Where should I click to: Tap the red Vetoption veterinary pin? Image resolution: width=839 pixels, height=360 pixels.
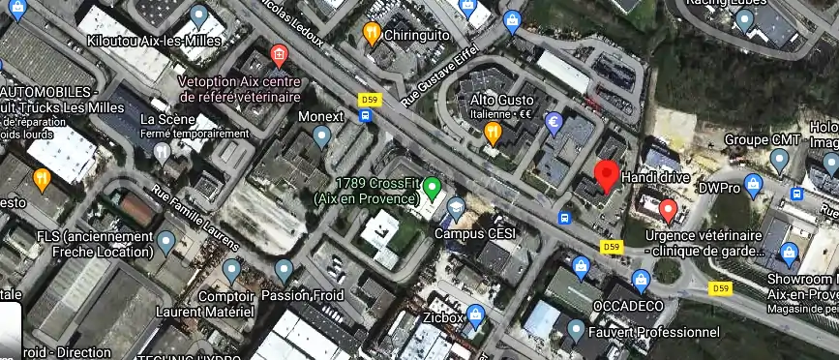[280, 53]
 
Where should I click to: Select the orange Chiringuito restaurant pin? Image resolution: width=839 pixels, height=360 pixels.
[372, 35]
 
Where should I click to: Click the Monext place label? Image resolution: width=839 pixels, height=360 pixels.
[322, 117]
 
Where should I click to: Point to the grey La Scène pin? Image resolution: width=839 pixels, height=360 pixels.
[163, 152]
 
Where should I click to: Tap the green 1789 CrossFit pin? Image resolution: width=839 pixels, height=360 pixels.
[433, 186]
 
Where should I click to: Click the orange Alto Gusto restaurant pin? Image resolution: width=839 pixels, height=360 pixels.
[493, 133]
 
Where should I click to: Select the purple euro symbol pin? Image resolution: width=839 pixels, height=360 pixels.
[554, 123]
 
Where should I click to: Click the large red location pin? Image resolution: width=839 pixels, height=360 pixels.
[607, 176]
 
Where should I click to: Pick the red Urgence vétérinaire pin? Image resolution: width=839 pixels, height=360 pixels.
[668, 210]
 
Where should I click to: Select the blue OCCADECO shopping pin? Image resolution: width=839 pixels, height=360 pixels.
[640, 281]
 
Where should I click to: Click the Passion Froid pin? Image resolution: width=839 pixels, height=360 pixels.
[284, 270]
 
